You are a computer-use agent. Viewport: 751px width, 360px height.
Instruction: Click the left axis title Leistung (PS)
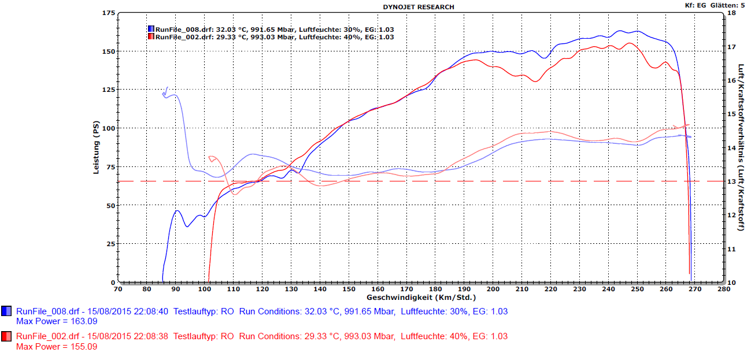coord(97,148)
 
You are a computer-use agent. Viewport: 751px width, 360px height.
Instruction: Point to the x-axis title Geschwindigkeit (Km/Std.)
coord(421,298)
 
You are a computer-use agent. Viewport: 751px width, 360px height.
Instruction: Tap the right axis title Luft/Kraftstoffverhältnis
coord(741,148)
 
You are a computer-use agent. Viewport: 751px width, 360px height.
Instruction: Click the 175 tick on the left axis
coord(108,13)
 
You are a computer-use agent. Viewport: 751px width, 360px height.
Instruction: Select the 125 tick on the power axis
coord(108,90)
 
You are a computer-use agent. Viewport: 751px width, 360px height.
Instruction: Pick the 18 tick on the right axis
coord(731,13)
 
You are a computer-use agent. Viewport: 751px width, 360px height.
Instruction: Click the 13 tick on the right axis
coord(731,181)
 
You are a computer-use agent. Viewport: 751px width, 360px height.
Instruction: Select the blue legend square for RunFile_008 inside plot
coord(151,29)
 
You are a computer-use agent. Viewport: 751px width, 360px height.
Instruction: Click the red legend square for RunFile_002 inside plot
coord(151,37)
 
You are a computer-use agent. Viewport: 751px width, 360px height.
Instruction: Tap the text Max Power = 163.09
coord(57,321)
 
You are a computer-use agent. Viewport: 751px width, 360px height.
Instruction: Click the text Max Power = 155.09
coord(57,347)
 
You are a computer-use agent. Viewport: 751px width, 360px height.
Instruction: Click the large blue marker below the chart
coord(7,311)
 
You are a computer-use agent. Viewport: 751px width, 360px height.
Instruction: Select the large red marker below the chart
coord(7,336)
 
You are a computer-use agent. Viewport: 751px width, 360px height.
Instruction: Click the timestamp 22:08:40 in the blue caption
coord(152,311)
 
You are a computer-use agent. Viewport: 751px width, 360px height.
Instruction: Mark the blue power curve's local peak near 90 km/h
coord(177,211)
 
